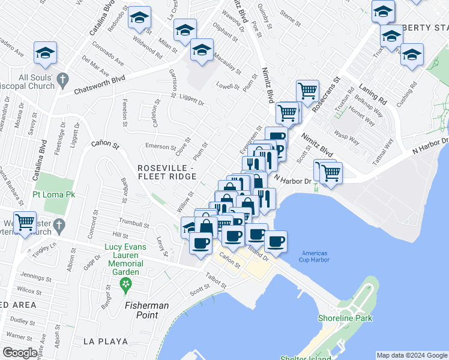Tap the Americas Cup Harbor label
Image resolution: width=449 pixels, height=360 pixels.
coord(316,256)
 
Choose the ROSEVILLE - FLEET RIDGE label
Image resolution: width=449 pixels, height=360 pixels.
coord(166,172)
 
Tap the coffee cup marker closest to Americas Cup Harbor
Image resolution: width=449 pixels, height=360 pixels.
coord(276,242)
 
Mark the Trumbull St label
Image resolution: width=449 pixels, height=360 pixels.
coord(133,224)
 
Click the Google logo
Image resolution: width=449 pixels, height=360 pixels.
coord(20,353)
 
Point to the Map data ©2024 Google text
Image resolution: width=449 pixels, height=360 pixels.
coord(412,355)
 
